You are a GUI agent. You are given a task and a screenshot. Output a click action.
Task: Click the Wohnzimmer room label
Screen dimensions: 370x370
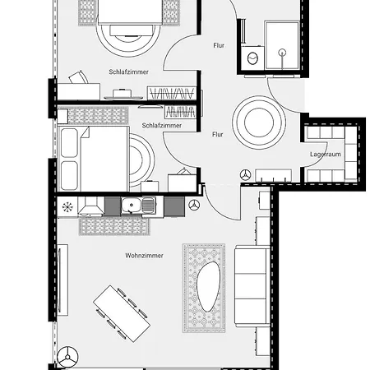pyautogui.click(x=144, y=256)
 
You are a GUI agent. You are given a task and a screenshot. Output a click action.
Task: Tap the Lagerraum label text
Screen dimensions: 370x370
pyautogui.click(x=326, y=155)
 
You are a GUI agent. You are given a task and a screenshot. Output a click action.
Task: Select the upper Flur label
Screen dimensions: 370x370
pyautogui.click(x=219, y=45)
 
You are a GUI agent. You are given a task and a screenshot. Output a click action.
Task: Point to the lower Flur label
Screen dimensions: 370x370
pyautogui.click(x=218, y=134)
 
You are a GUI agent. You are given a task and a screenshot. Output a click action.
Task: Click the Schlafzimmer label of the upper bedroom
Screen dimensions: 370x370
pyautogui.click(x=128, y=72)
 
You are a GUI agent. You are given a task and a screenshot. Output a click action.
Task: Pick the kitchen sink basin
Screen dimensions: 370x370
pyautogui.click(x=132, y=205)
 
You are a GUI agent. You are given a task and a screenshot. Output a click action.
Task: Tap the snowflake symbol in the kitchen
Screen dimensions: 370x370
pyautogui.click(x=67, y=207)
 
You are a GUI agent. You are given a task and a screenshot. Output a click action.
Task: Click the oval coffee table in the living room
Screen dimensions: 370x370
pyautogui.click(x=209, y=286)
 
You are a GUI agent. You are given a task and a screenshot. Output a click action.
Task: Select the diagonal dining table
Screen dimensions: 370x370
pyautogui.click(x=122, y=313)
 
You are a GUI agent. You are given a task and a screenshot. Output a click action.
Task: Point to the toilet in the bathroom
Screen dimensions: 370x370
pyautogui.click(x=252, y=58)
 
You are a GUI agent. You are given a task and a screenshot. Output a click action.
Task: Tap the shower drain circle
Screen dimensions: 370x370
pyautogui.click(x=282, y=52)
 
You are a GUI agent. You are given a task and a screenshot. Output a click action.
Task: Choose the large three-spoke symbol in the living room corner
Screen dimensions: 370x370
pyautogui.click(x=67, y=357)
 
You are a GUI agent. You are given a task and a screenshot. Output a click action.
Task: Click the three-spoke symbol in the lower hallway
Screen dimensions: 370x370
pyautogui.click(x=246, y=174)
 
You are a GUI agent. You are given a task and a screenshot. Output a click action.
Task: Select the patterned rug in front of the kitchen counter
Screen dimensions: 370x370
pyautogui.click(x=114, y=226)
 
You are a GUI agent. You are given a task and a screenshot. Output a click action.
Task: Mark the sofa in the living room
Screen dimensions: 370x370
pyautogui.click(x=252, y=285)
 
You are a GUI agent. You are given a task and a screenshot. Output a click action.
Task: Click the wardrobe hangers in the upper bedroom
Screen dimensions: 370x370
pyautogui.click(x=172, y=94)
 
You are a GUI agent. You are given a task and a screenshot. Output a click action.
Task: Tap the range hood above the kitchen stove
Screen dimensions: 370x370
pyautogui.click(x=91, y=206)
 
